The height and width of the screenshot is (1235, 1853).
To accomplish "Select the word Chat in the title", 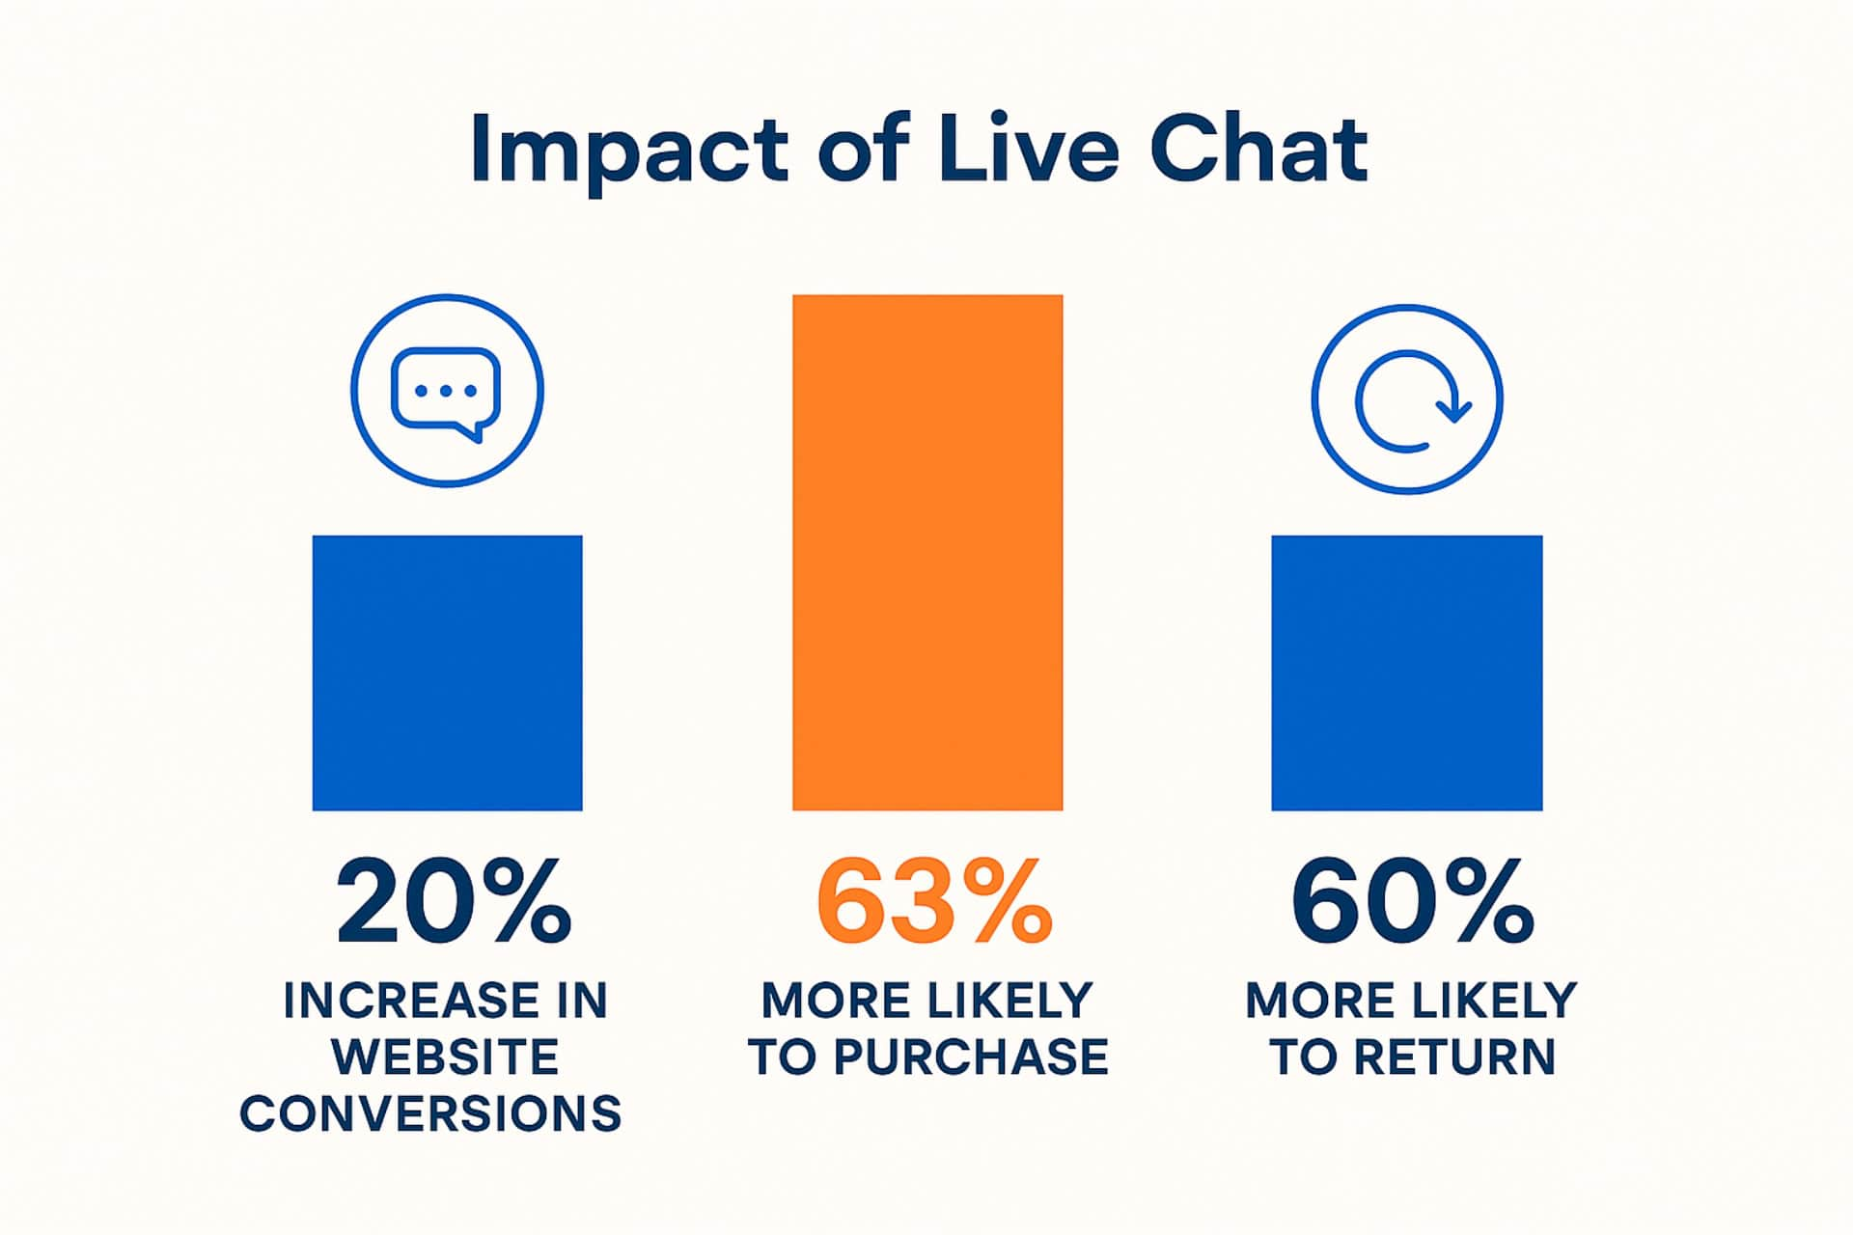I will (1258, 150).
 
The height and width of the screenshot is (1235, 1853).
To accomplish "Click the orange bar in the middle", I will (927, 552).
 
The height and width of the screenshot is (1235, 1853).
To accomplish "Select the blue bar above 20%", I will (447, 672).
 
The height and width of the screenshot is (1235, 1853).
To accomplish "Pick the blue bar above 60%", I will (1406, 672).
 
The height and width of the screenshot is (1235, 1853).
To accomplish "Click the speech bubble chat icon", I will (446, 392).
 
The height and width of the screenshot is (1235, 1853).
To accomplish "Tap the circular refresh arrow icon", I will (1406, 400).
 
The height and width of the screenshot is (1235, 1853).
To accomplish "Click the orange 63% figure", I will (933, 903).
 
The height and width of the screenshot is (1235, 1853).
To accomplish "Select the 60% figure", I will (1412, 903).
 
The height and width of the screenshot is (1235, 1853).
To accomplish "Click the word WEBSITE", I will (445, 1057).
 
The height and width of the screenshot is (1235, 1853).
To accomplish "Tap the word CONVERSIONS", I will (430, 1113).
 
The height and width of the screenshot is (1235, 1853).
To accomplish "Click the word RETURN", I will (1454, 1057).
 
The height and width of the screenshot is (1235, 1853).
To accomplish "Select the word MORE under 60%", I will (1307, 1001).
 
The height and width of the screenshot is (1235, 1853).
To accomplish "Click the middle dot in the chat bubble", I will (445, 391).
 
